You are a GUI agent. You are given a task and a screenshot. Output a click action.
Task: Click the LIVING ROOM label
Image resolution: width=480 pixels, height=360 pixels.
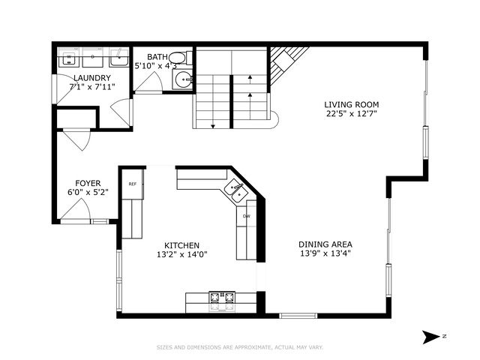coord(352,104)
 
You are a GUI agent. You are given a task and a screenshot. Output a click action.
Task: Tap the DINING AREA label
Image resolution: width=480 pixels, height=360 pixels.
coord(325,244)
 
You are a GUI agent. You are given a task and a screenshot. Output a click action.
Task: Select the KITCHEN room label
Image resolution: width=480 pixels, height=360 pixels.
coord(181,244)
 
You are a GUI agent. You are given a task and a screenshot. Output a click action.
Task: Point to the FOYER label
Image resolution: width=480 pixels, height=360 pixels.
coord(88,182)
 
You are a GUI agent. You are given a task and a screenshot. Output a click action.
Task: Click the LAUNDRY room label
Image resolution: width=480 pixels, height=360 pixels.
coord(92,78)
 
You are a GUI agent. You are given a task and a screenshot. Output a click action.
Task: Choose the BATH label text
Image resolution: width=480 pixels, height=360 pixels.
coord(158,57)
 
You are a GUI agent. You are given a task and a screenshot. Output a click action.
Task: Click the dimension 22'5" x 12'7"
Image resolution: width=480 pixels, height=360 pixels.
coord(352,114)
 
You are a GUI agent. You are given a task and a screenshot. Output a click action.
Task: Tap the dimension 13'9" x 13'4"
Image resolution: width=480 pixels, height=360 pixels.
coord(325,253)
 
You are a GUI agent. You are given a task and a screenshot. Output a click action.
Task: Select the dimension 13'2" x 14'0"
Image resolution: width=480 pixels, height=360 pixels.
coord(181,254)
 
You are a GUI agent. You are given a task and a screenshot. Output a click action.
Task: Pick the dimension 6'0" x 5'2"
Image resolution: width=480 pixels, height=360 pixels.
coord(88,192)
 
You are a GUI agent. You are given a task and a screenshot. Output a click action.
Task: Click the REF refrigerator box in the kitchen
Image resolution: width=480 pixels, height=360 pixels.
coord(132,184)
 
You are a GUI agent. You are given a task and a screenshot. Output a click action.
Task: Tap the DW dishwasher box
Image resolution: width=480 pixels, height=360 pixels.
coord(246,217)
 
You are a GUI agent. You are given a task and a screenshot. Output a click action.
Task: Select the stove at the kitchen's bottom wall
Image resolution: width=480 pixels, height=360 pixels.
coord(220,300)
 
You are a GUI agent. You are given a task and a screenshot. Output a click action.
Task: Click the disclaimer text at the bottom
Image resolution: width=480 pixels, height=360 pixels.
coord(240,347)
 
